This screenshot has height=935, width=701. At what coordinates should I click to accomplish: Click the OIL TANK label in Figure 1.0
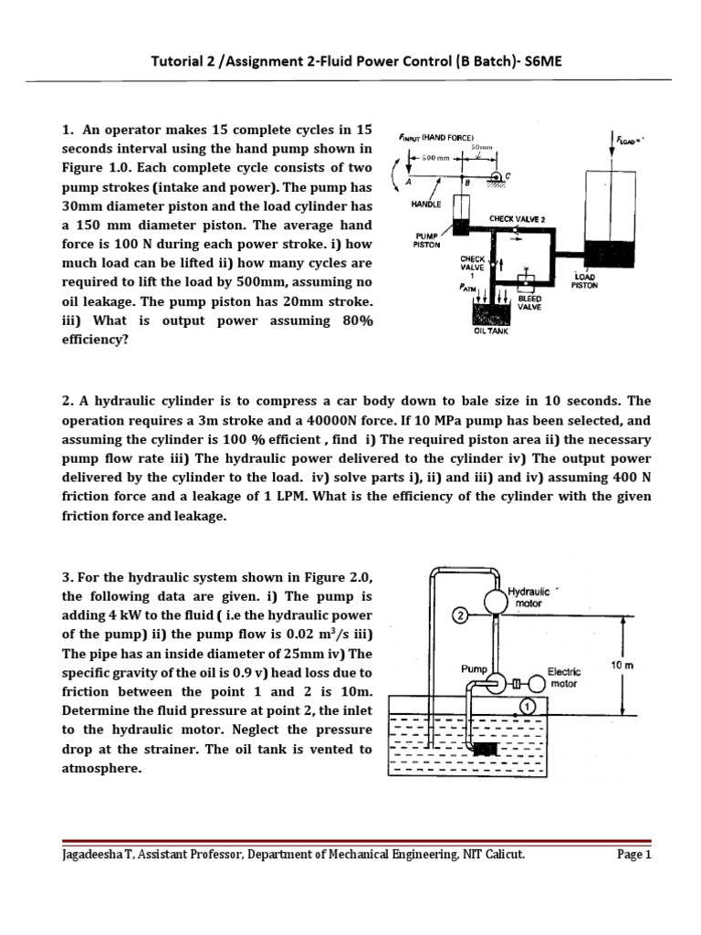click(490, 331)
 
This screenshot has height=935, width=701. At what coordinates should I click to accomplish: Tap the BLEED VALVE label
click(530, 303)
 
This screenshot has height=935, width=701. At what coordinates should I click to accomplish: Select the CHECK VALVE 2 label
click(518, 219)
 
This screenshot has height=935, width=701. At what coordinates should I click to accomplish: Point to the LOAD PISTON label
click(585, 281)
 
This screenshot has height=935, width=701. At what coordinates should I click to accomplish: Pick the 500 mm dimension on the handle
click(433, 158)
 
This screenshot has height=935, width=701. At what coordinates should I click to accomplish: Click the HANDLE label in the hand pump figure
click(425, 204)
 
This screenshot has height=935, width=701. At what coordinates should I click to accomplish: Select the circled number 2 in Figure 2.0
click(461, 617)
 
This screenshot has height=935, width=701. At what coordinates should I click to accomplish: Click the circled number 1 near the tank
click(527, 705)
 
